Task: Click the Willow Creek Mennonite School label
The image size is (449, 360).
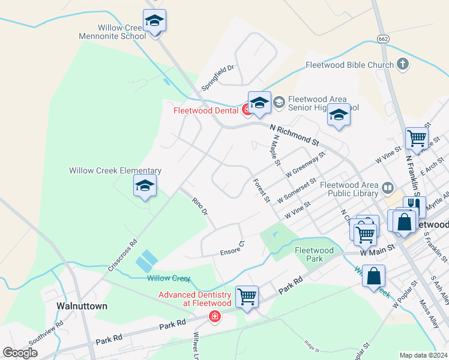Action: [112, 32]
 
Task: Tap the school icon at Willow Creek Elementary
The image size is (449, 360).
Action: [145, 187]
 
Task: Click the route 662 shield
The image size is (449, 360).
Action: [383, 39]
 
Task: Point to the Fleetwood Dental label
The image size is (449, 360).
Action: [206, 110]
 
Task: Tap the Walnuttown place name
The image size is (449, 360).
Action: [82, 306]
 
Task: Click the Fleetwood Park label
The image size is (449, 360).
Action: [314, 254]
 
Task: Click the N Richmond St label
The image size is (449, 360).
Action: [294, 135]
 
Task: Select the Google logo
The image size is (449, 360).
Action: [20, 353]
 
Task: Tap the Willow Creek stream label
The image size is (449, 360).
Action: [169, 278]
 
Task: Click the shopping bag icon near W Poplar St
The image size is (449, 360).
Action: [373, 277]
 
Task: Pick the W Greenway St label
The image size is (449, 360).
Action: [305, 164]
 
